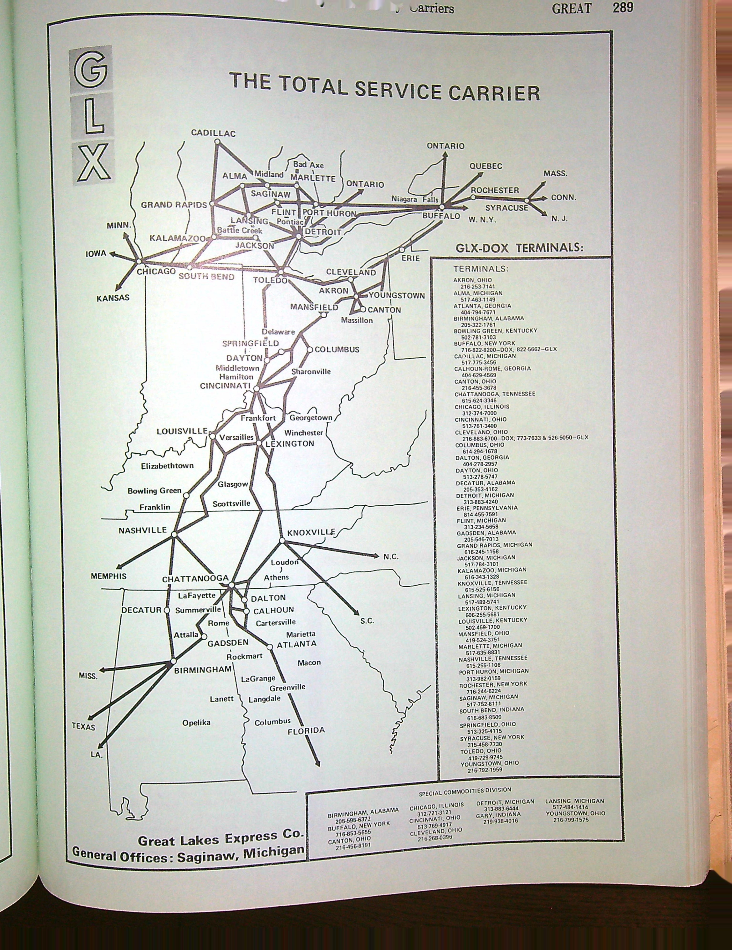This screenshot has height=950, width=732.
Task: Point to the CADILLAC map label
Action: (213, 133)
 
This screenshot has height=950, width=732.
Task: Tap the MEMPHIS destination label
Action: (108, 576)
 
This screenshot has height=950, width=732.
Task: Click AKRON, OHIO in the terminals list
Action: (473, 280)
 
